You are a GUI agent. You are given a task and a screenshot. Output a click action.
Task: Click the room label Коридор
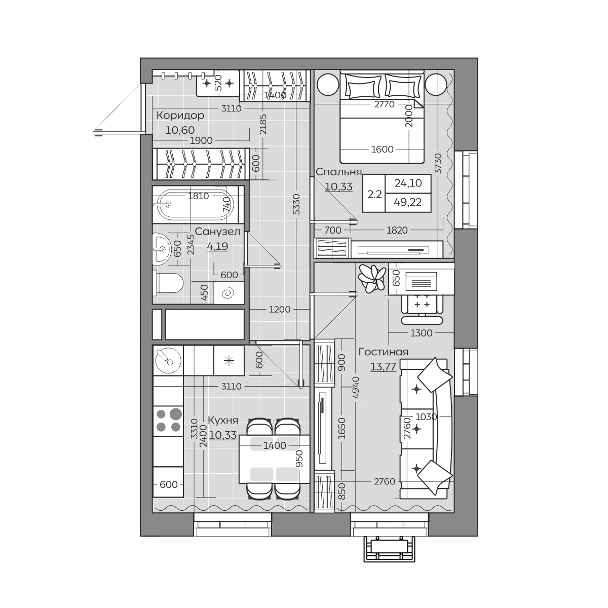[x=180, y=116]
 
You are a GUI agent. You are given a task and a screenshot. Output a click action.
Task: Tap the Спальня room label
[x=338, y=172]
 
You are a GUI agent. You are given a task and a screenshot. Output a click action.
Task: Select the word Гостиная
[x=384, y=352]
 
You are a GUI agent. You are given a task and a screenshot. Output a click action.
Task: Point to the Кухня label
[x=223, y=421]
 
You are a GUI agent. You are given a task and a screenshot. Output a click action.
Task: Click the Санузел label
[x=217, y=232]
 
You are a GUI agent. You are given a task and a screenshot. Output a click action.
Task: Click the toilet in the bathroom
[x=170, y=283]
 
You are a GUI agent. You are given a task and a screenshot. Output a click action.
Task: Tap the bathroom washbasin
[x=162, y=249]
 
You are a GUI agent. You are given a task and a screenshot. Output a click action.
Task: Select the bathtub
[x=196, y=205]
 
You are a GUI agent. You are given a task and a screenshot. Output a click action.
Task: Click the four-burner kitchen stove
[x=168, y=421]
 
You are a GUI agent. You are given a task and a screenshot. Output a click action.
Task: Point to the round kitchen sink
[x=168, y=360]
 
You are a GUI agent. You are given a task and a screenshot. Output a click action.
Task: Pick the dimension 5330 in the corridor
[x=296, y=205]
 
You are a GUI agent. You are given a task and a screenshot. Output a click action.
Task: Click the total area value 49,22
[x=408, y=202]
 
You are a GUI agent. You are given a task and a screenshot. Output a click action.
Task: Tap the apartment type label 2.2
[x=374, y=194]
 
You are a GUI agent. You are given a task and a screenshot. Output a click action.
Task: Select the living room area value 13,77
[x=384, y=367]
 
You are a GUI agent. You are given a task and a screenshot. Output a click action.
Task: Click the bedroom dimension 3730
[x=438, y=164]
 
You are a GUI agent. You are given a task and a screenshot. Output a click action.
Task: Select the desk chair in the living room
[x=422, y=310]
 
